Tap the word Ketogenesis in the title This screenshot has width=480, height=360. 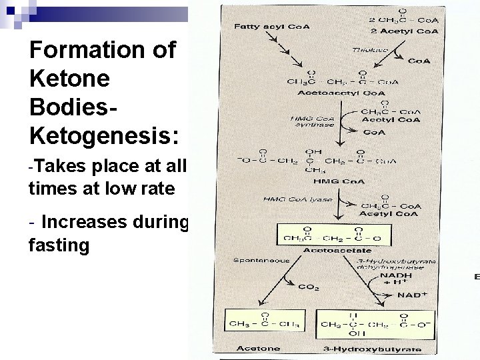tap(103, 136)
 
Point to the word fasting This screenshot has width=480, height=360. tap(59, 245)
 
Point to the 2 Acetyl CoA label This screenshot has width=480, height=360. tap(406, 31)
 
